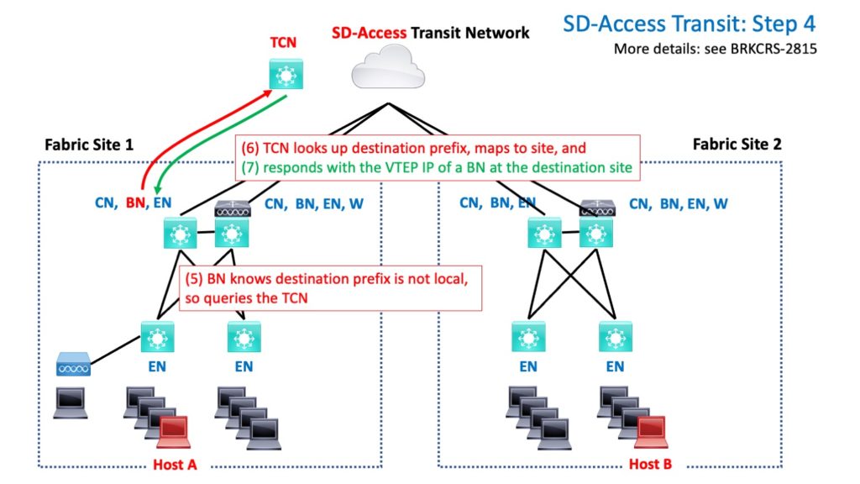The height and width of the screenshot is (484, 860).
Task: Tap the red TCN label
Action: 283,42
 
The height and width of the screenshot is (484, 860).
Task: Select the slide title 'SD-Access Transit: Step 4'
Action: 689,24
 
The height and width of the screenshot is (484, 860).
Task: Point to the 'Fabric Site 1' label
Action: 89,144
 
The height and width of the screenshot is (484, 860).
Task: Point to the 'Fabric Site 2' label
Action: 737,144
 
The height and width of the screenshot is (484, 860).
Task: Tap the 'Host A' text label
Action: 175,465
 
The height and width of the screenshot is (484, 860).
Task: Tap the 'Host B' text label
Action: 651,465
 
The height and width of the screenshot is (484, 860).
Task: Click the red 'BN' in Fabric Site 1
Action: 134,203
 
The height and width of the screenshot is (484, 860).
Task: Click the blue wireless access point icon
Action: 73,366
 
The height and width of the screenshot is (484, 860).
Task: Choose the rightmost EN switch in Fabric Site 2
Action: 615,337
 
